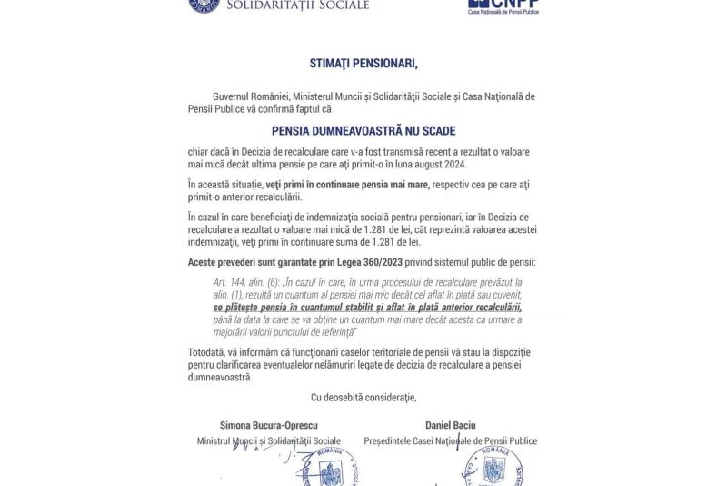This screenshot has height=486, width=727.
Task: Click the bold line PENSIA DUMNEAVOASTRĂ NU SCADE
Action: (363, 130)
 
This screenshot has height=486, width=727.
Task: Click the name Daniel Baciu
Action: (450, 425)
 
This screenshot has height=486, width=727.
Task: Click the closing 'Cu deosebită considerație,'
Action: (363, 397)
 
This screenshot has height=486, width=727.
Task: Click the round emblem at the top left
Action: (204, 5)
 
